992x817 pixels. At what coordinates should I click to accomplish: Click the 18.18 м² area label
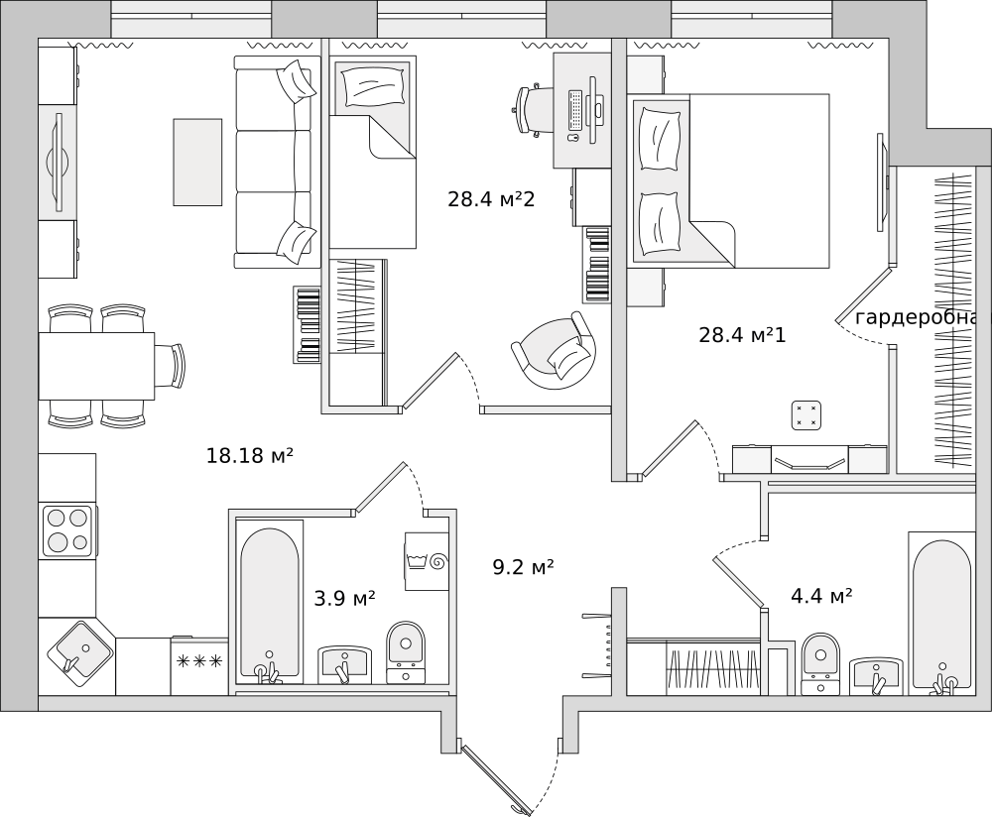[x=250, y=455]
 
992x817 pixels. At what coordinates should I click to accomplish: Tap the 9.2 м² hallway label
[x=523, y=567]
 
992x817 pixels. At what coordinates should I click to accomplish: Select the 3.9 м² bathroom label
[x=345, y=598]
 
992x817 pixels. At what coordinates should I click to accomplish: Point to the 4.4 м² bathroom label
[x=821, y=595]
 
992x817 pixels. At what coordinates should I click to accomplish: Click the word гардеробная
[x=923, y=318]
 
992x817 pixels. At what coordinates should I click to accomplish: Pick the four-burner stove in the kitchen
[x=67, y=530]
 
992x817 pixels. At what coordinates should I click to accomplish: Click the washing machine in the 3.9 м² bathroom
[x=427, y=561]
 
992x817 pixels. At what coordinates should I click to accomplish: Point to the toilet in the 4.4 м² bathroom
[x=820, y=664]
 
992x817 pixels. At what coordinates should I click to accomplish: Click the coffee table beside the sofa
[x=198, y=162]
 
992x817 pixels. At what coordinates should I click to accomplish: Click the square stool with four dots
[x=806, y=415]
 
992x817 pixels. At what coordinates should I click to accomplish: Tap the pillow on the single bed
[x=373, y=86]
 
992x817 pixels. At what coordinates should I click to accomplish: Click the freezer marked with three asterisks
[x=199, y=666]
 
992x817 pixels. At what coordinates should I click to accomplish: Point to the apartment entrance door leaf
[x=496, y=779]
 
